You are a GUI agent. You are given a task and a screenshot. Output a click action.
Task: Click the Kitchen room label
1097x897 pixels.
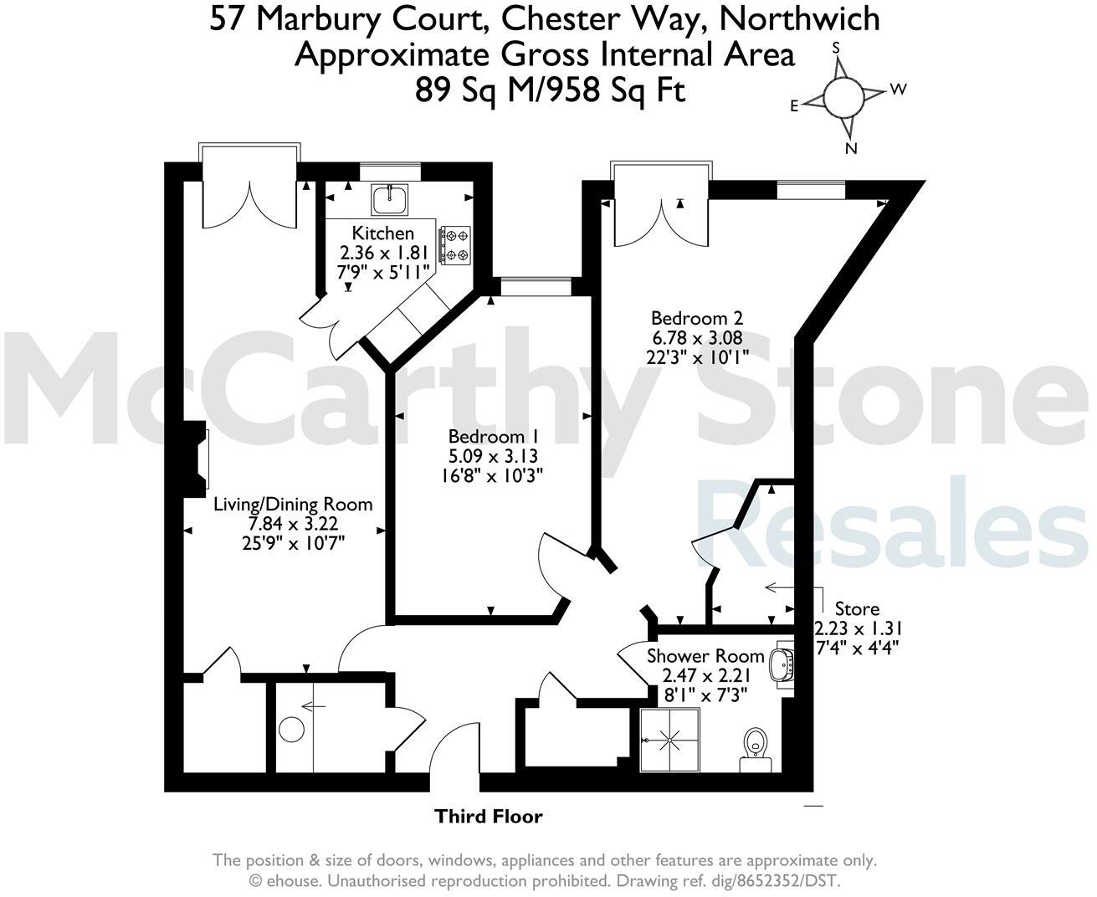[382, 233]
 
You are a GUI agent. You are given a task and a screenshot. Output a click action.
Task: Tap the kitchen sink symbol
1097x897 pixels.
[389, 199]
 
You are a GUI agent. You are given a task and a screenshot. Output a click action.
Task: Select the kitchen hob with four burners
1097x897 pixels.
[456, 245]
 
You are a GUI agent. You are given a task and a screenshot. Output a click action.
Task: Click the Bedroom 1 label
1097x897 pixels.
[492, 436]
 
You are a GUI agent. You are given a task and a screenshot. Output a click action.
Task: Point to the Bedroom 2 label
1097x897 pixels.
[697, 318]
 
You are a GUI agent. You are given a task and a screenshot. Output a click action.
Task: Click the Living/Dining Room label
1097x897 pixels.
[293, 504]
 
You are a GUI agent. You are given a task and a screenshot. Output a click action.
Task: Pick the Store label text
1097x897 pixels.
[857, 608]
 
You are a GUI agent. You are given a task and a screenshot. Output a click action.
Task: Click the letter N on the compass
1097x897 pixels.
[851, 149]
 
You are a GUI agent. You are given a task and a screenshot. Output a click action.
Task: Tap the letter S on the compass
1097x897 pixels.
[835, 49]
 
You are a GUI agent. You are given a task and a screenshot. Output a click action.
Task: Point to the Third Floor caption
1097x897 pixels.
[489, 816]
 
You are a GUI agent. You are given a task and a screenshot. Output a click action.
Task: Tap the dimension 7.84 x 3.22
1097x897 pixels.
[293, 524]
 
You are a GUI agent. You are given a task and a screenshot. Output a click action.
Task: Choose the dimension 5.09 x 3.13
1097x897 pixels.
[492, 456]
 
